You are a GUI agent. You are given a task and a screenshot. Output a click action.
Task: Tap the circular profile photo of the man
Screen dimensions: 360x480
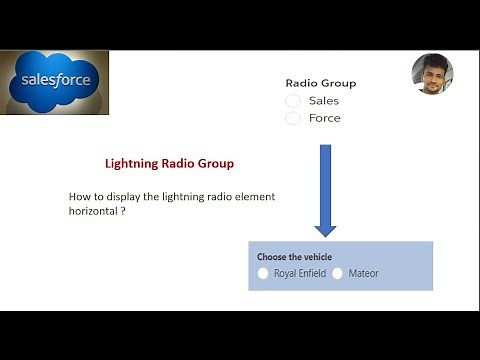tap(432, 75)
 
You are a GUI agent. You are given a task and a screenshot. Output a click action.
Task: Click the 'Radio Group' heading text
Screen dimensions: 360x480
tap(320, 84)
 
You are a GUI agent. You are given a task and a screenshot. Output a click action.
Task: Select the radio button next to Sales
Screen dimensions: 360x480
tap(293, 101)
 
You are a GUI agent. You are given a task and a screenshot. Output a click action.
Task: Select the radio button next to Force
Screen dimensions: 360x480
tap(293, 118)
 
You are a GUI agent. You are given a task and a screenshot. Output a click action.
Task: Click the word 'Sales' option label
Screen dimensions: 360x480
tap(324, 101)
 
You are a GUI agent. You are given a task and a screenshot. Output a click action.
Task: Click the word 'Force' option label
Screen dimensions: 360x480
tap(325, 118)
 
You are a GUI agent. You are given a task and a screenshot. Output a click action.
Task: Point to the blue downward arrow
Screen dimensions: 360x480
tap(325, 189)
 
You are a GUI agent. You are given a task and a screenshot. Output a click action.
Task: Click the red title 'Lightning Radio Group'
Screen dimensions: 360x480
tap(170, 163)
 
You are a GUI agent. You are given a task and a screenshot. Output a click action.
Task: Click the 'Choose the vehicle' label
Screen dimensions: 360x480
tap(295, 257)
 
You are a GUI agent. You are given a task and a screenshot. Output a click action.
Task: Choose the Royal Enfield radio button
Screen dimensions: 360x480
tap(263, 273)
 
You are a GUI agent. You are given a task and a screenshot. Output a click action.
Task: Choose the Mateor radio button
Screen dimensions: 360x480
tap(338, 273)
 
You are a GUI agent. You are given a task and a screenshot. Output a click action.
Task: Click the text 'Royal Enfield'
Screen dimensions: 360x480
tap(300, 273)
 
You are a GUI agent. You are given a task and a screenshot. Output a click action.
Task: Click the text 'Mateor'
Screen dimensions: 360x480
tap(364, 273)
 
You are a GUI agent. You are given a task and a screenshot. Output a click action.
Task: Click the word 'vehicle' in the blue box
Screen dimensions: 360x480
tap(316, 257)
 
